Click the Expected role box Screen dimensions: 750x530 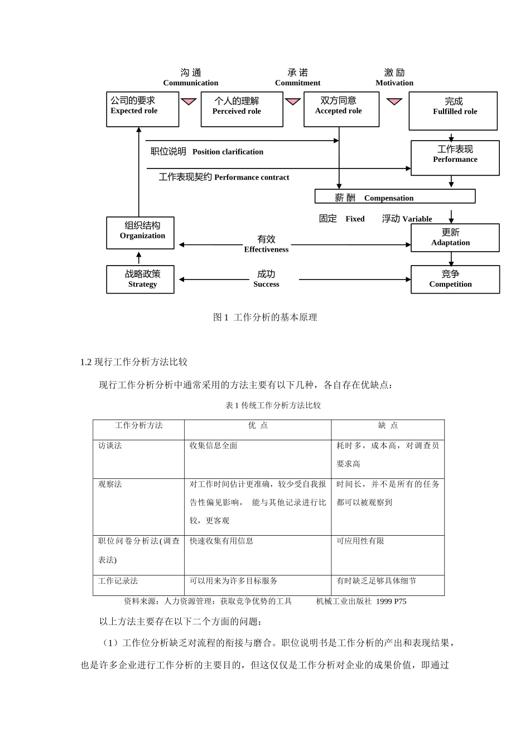pos(142,109)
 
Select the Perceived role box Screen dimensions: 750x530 pos(242,110)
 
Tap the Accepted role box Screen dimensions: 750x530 pos(341,109)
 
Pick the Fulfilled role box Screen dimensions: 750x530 pos(453,111)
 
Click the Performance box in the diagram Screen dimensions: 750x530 pos(455,158)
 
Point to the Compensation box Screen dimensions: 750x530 pos(394,196)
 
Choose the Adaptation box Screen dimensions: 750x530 pos(455,238)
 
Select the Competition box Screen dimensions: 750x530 pos(455,279)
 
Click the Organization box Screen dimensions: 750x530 pos(140,233)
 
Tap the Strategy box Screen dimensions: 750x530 pos(140,279)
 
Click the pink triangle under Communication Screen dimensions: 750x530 pos(189,102)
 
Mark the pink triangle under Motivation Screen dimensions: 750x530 pos(394,102)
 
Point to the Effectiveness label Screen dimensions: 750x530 pos(266,244)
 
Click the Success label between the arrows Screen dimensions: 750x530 pos(266,279)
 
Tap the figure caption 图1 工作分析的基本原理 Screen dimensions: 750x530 pos(265,318)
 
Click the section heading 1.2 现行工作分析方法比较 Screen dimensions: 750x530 pos(134,362)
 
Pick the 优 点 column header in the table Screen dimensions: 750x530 pos(258,426)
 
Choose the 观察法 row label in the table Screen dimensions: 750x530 pos(110,484)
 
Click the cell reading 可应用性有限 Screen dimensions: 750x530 pos(360,541)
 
